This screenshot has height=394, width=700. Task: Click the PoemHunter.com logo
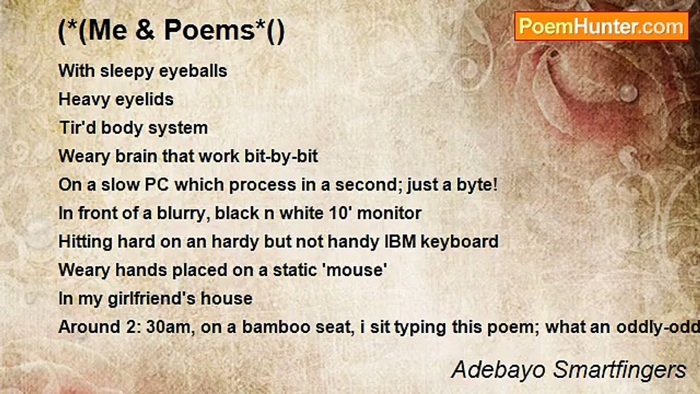tap(602, 27)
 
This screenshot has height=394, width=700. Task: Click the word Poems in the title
tap(209, 30)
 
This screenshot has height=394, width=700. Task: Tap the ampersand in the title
tap(145, 30)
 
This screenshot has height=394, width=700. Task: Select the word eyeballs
tap(193, 71)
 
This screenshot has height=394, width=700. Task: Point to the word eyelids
tap(144, 100)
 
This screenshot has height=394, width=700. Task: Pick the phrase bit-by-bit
tap(281, 157)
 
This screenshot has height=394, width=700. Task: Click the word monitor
tap(389, 213)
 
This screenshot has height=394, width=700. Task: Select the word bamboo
tap(276, 327)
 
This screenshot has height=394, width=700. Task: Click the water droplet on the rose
tap(628, 92)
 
